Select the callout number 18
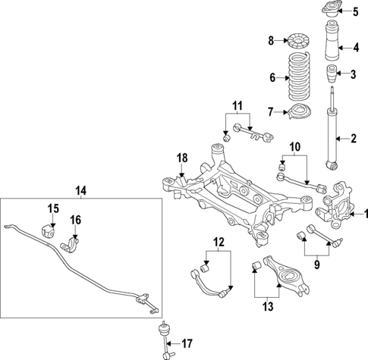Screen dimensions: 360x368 pyautogui.click(x=182, y=157)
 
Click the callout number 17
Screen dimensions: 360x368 pyautogui.click(x=187, y=342)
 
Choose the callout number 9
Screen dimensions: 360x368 pyautogui.click(x=317, y=265)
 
